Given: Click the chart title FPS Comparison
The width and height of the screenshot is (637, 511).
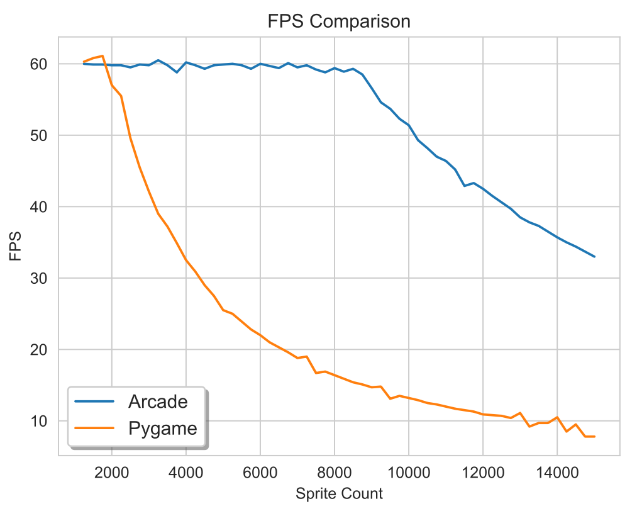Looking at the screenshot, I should coord(339,21).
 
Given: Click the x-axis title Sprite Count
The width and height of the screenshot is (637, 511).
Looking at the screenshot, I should coord(339,493).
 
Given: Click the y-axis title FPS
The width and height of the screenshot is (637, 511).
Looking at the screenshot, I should coord(15,247).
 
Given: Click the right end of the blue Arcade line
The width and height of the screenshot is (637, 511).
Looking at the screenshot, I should coord(594,257).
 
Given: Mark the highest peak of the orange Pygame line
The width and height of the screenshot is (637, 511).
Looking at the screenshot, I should coord(102,56).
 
